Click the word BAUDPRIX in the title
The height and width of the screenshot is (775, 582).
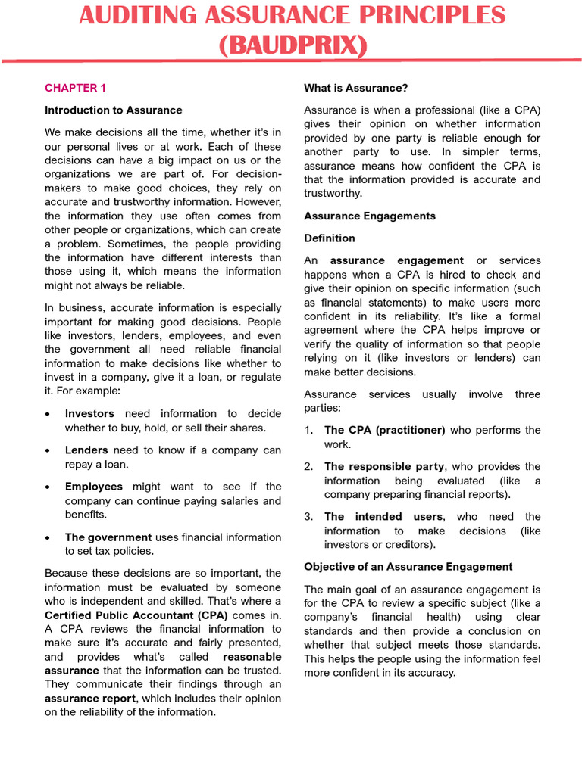tap(293, 45)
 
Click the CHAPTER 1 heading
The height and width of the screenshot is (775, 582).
tap(70, 88)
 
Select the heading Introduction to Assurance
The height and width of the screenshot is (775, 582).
tap(113, 110)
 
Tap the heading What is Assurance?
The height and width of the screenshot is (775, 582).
tap(355, 88)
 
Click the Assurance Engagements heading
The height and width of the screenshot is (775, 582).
tap(370, 216)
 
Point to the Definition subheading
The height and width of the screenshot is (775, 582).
tap(329, 238)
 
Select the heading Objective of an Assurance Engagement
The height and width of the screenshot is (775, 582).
tap(408, 566)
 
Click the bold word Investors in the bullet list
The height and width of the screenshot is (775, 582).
tap(89, 413)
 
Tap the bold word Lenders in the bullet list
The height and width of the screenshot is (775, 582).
tap(86, 450)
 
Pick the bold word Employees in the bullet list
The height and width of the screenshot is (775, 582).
tap(94, 486)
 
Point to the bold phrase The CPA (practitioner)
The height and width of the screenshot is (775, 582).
tap(384, 430)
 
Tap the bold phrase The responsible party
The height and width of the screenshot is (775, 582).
tap(384, 466)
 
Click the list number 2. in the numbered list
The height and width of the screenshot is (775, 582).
tap(308, 466)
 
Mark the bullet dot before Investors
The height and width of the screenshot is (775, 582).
tap(48, 414)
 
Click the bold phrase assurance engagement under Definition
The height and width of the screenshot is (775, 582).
tap(397, 260)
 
